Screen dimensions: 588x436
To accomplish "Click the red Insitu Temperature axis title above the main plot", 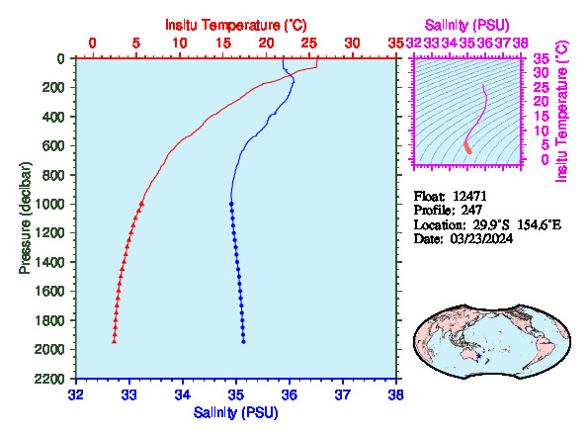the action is click(x=236, y=25).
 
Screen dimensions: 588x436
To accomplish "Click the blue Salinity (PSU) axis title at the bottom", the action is click(x=236, y=412).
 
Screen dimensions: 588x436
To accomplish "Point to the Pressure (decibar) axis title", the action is click(x=25, y=218).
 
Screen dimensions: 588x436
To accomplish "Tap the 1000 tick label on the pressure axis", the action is click(x=49, y=204).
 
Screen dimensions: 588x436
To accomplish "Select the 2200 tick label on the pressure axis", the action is click(x=49, y=379).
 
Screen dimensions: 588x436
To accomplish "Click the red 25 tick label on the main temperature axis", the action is click(x=309, y=44).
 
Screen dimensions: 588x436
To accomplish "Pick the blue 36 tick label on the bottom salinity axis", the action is click(x=290, y=394).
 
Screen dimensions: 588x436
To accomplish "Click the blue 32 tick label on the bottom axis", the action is click(x=76, y=394).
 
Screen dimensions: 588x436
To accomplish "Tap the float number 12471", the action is click(x=469, y=196).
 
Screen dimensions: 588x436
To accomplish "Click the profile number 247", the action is click(x=471, y=210).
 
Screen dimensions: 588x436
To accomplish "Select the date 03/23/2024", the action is click(x=481, y=238).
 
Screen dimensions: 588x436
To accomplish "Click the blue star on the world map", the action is click(x=479, y=356).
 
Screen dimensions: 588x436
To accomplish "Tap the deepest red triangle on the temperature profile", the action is click(x=114, y=341).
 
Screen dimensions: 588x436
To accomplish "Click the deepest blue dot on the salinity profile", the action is click(x=243, y=342).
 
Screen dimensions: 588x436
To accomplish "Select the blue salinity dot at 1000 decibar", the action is click(x=231, y=204).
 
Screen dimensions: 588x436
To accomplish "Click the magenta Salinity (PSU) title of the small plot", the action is click(x=466, y=25).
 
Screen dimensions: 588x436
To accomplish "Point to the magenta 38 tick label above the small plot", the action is click(x=521, y=44).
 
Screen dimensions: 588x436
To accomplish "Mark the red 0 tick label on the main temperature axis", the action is click(x=92, y=44).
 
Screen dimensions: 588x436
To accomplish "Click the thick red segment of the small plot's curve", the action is click(x=467, y=147).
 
